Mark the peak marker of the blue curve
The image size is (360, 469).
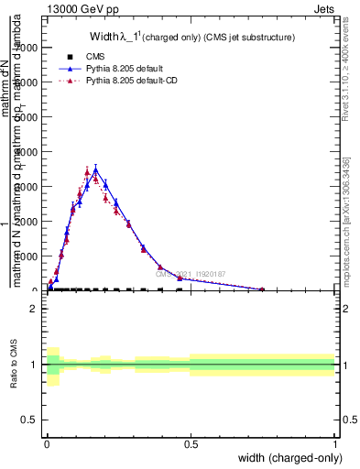(95, 169)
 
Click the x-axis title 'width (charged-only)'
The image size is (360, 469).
(289, 458)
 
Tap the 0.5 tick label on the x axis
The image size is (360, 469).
(191, 444)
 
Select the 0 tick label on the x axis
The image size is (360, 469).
(47, 444)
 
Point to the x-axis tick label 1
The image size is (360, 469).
(336, 444)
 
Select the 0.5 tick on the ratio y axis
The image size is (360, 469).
(31, 420)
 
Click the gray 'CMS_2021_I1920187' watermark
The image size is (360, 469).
(189, 274)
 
